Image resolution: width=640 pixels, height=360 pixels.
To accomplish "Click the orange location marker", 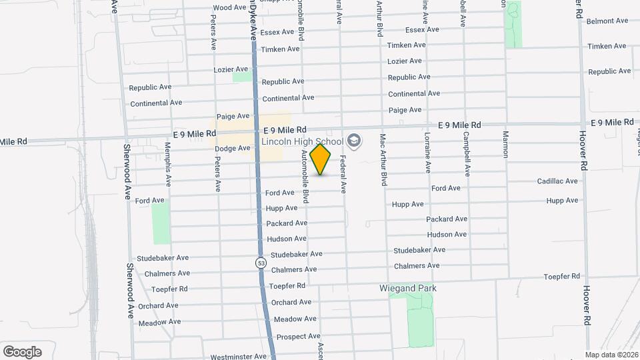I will (x=321, y=159).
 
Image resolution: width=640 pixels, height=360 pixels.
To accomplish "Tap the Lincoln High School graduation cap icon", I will (x=353, y=141).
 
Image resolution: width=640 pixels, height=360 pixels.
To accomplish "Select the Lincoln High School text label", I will (x=302, y=141).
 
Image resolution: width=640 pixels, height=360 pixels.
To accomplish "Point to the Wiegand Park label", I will (x=407, y=289).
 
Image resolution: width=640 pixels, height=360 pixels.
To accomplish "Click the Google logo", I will (x=22, y=351).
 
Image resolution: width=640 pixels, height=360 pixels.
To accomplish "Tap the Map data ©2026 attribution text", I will (x=611, y=355).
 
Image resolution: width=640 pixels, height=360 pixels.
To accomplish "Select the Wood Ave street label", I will (x=229, y=8).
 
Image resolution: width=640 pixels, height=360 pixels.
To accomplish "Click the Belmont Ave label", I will (x=607, y=21).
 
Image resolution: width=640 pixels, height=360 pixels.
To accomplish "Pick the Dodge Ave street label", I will (x=232, y=148).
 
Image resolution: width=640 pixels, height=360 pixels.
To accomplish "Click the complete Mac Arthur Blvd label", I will (x=383, y=159).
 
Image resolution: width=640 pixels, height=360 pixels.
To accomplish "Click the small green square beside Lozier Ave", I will (x=242, y=77).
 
